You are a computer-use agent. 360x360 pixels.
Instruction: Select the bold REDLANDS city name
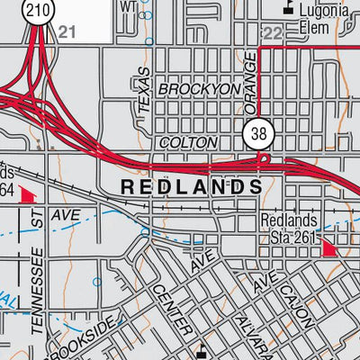point(191,187)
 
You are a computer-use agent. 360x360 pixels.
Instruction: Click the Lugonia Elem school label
point(321,18)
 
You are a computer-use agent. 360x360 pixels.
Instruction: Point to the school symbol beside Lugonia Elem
point(288,7)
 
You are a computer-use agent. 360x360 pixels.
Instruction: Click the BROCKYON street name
point(200,90)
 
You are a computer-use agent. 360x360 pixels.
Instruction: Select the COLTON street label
point(187,142)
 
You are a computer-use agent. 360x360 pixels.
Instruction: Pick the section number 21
point(66,32)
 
